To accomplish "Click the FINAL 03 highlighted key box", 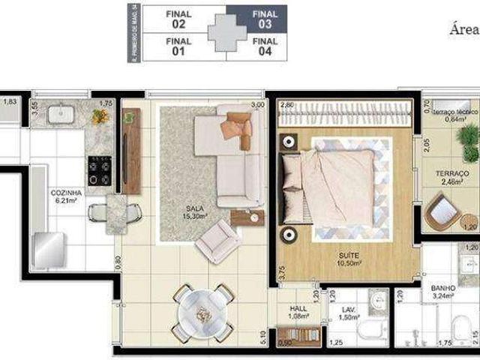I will (265, 19).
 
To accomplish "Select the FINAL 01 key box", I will (178, 46).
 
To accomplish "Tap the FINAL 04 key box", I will (265, 46).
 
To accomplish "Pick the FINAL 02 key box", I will (178, 19).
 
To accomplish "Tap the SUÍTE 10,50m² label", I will (349, 259).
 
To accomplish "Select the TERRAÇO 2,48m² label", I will (452, 177).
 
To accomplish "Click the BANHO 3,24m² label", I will (445, 290).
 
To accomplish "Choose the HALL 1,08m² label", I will (298, 312).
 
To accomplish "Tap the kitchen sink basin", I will (59, 114).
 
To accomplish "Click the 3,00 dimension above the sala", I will (258, 105).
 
